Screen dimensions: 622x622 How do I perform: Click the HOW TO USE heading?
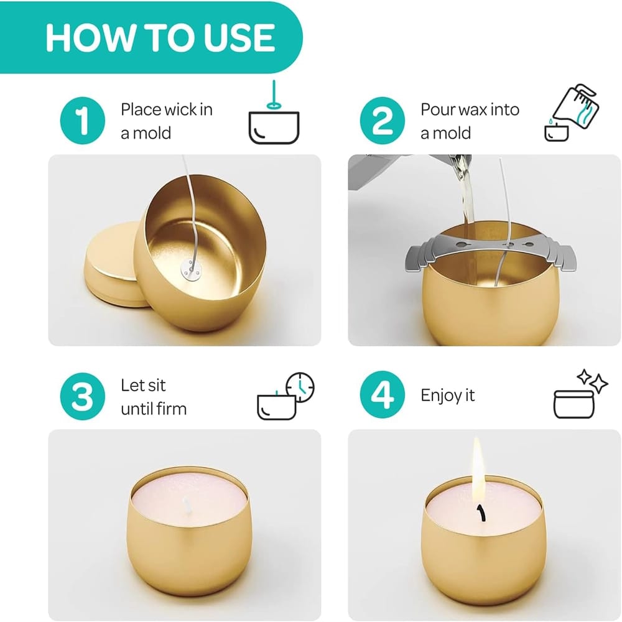pyautogui.click(x=160, y=38)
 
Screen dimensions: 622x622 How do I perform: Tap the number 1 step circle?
pyautogui.click(x=83, y=120)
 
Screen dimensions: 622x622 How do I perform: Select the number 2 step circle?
pyautogui.click(x=383, y=120)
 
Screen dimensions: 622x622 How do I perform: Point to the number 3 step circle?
pyautogui.click(x=83, y=396)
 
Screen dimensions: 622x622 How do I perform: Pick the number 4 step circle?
pyautogui.click(x=383, y=395)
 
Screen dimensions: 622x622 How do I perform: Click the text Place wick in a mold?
pyautogui.click(x=167, y=121)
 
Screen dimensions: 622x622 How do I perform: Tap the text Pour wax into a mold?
pyautogui.click(x=470, y=121)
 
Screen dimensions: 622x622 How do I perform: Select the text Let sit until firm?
pyautogui.click(x=154, y=397)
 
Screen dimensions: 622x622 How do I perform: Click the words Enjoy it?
pyautogui.click(x=447, y=395)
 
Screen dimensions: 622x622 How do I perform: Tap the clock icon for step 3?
pyautogui.click(x=300, y=388)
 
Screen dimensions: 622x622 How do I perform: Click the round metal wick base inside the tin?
pyautogui.click(x=191, y=269)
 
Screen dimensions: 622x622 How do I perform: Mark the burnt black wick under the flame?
pyautogui.click(x=481, y=513)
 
